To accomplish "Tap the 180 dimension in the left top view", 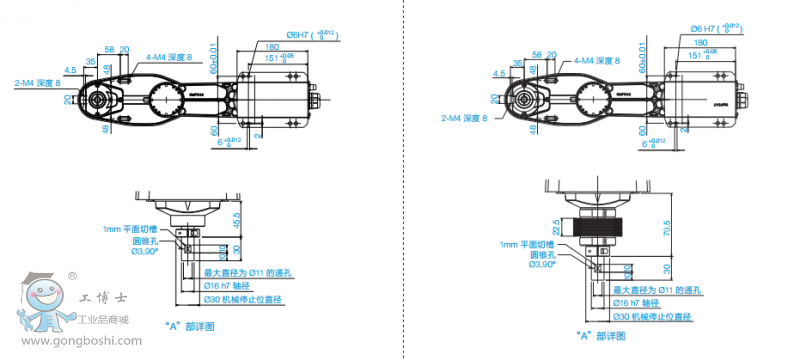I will click(271, 46).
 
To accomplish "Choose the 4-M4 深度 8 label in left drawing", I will click(172, 58).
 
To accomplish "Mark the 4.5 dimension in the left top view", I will click(69, 70).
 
